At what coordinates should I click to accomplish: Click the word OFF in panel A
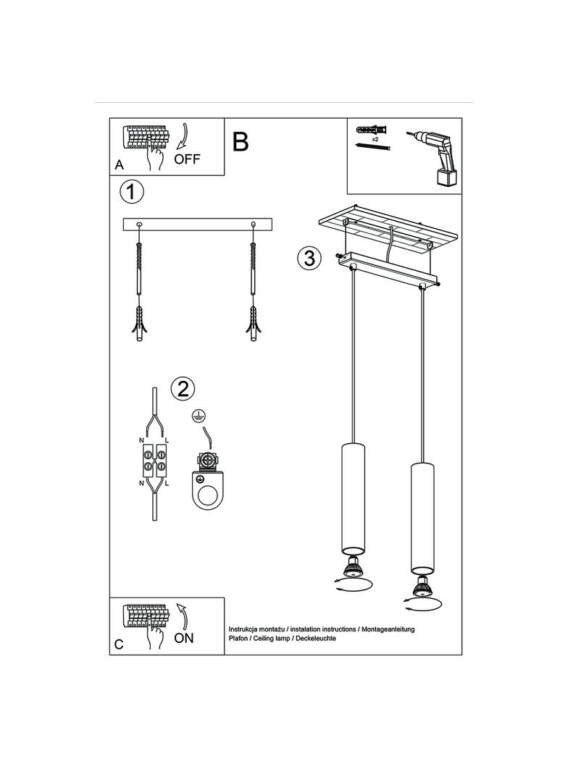[x=187, y=159]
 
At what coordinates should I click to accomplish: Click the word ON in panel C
[x=184, y=638]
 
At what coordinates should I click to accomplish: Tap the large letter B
[x=241, y=142]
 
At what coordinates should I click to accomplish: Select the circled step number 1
[x=132, y=191]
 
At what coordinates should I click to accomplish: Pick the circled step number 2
[x=183, y=390]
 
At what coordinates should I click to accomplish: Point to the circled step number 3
[x=309, y=258]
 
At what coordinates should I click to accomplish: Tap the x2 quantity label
[x=375, y=140]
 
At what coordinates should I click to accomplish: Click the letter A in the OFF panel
[x=120, y=165]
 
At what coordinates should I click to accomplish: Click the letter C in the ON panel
[x=120, y=645]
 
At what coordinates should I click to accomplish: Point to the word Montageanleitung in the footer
[x=388, y=629]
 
